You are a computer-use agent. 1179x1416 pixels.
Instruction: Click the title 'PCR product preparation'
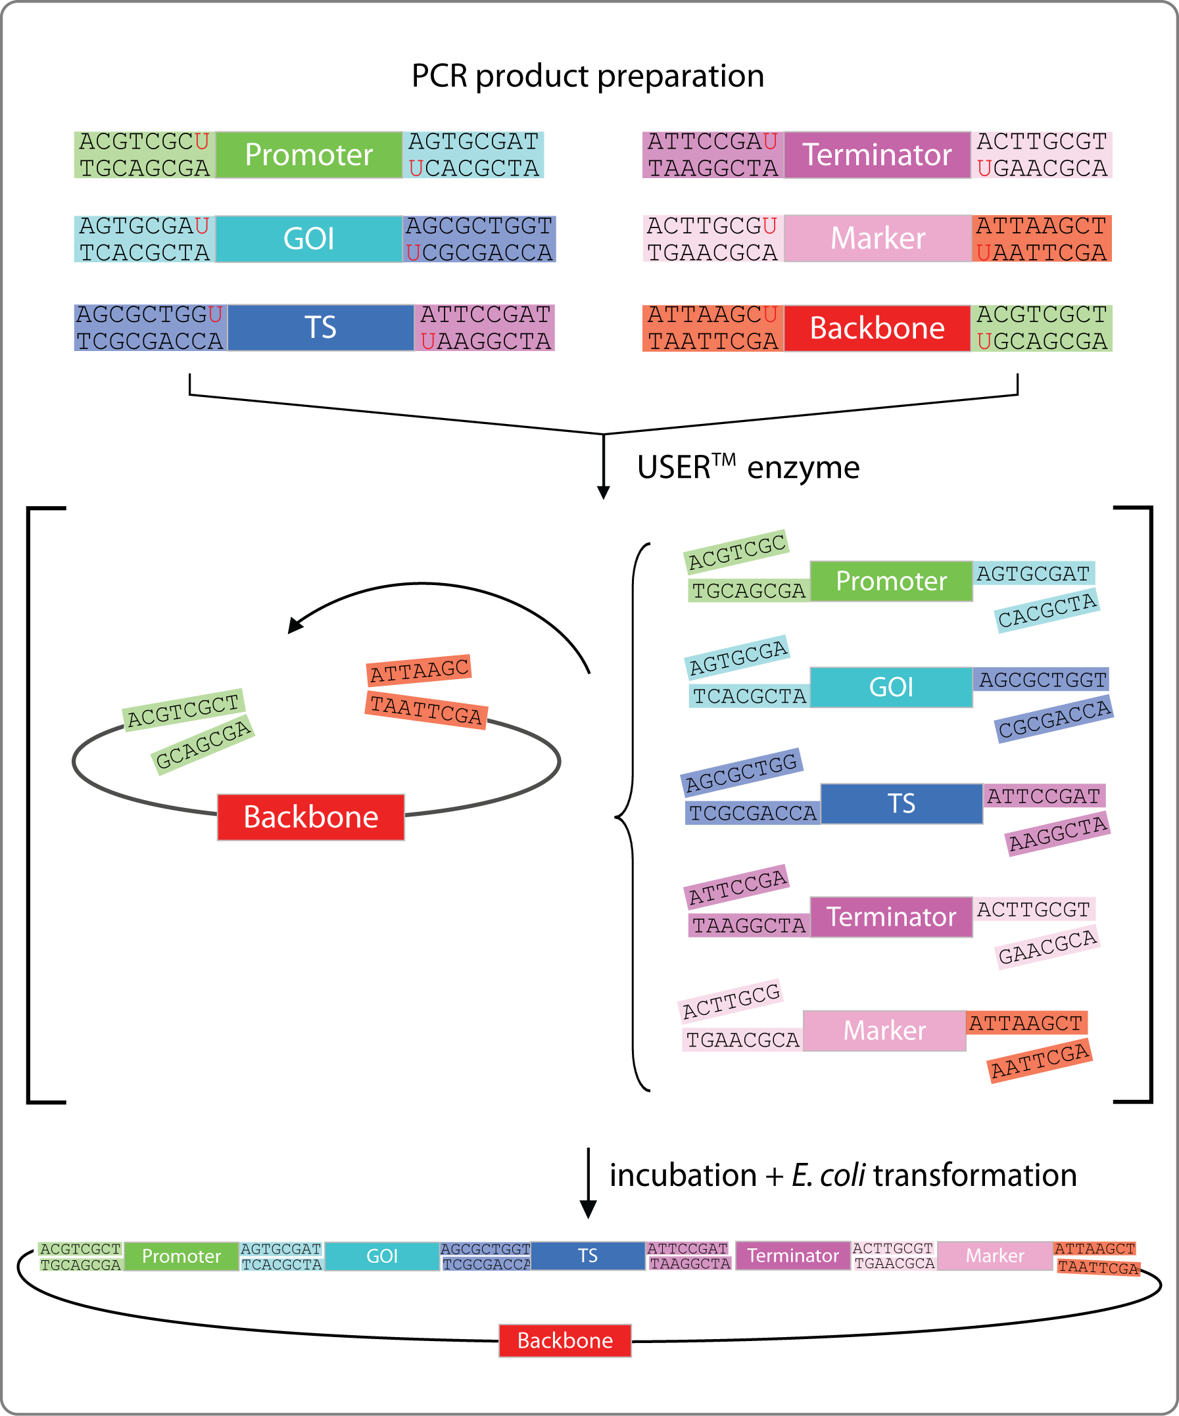[x=587, y=76]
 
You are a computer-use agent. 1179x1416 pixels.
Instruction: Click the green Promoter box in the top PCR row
[x=309, y=155]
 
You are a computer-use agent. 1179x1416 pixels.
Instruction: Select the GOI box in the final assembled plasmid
[x=382, y=1256]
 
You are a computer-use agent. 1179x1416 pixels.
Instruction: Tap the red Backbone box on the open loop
[x=311, y=816]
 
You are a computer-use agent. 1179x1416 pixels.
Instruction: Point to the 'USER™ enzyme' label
[x=748, y=467]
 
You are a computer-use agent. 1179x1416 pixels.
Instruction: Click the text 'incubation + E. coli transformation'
[x=842, y=1175]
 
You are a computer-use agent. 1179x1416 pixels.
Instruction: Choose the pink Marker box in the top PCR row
[x=877, y=239]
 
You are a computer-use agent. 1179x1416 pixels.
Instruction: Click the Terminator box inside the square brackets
[x=891, y=917]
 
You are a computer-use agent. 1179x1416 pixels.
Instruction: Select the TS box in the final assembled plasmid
[x=587, y=1256]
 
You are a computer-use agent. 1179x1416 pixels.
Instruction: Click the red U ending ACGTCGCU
[x=202, y=141]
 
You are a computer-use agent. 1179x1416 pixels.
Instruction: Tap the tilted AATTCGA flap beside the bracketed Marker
[x=1040, y=1061]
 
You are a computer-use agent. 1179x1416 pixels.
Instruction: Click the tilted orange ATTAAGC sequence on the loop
[x=419, y=671]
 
